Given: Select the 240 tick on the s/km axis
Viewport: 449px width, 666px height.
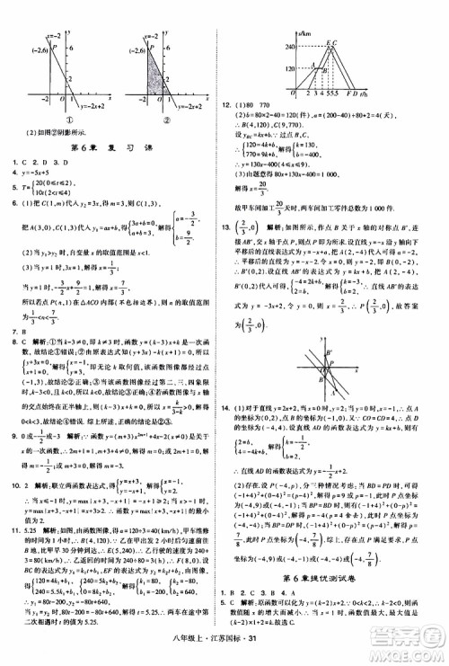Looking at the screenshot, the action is pos(291,46).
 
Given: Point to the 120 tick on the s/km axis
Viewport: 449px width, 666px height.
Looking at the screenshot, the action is pos(291,67).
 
